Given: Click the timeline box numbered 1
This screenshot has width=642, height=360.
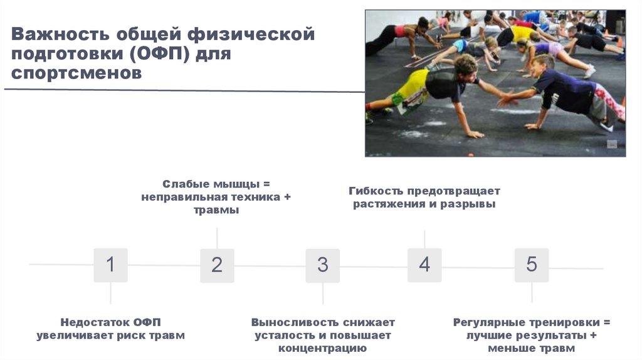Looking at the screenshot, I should pos(110,265).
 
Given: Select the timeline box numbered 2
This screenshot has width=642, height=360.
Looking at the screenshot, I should pos(217,265).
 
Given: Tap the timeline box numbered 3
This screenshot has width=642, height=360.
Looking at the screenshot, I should pos(322,265).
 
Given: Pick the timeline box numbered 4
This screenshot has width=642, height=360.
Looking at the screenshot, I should pos(424,265).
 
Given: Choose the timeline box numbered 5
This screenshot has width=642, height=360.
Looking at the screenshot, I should pos(532,265).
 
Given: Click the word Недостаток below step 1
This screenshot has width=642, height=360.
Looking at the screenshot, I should pos(96,322).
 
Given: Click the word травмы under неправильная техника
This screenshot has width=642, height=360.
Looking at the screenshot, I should pos(216,211).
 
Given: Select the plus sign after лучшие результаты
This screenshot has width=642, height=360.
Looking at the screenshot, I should pos(593,336).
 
